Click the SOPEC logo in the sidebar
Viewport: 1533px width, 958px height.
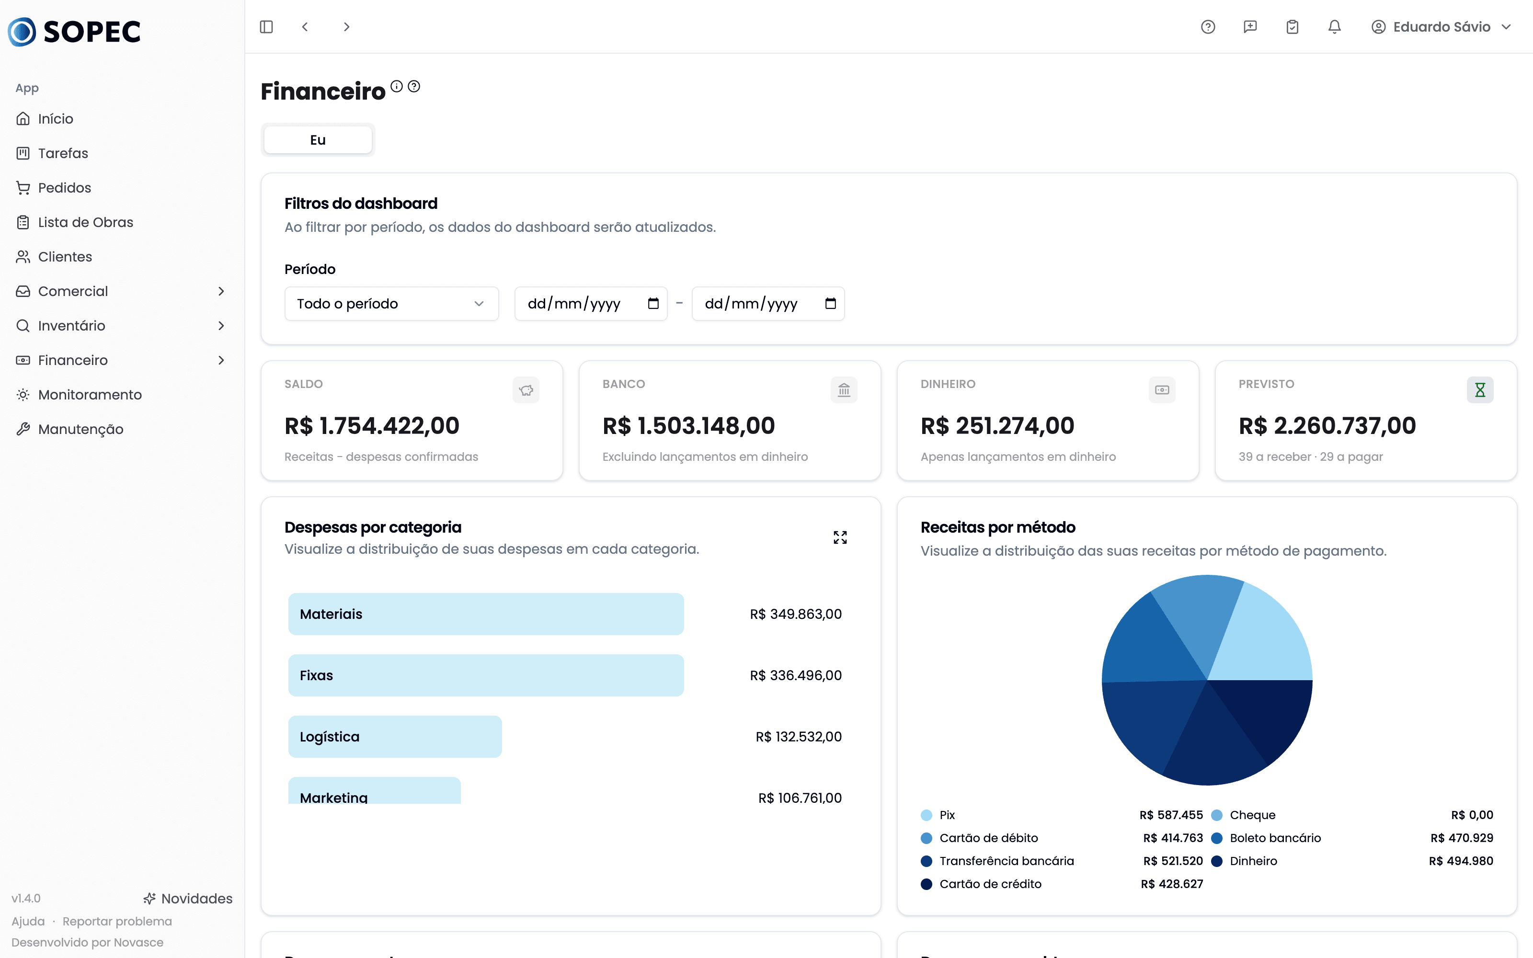(74, 32)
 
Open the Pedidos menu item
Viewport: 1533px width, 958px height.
(64, 188)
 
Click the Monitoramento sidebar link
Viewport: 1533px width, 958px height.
(89, 395)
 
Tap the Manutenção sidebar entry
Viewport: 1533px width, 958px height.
(80, 429)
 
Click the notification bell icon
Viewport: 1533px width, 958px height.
(1335, 27)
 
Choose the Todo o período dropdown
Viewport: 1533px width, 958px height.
(391, 304)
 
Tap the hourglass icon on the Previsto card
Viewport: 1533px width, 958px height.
(1480, 389)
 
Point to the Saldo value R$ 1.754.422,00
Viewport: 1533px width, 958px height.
(372, 426)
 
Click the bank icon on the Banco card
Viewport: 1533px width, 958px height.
(844, 389)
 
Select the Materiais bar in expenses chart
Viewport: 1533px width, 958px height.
(486, 614)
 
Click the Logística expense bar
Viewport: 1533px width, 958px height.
(395, 737)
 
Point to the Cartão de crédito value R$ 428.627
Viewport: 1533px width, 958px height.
(1172, 884)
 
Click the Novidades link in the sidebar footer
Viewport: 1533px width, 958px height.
(188, 899)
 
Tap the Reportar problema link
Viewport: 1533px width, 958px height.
(117, 921)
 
